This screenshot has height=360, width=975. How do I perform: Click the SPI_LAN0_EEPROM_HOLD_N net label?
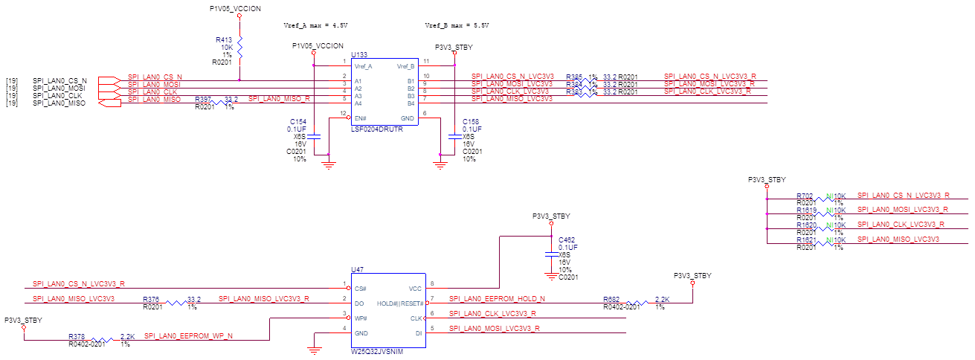tap(498, 299)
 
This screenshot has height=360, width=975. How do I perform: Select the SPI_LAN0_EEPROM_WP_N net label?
tap(188, 336)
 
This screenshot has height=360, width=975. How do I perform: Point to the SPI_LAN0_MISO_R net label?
tap(279, 99)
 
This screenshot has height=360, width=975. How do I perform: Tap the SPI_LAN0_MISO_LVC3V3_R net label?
tap(264, 299)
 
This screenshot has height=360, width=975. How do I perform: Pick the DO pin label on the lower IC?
tap(359, 303)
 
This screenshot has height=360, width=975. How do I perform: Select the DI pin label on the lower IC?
tap(418, 332)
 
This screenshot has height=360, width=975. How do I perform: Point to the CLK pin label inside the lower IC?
tap(416, 318)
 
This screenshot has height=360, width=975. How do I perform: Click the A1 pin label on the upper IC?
tap(358, 81)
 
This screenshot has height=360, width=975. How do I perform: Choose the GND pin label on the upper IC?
tap(408, 118)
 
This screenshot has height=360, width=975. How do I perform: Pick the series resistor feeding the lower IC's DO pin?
tap(178, 303)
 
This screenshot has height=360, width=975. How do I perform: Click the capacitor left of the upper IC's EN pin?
tap(315, 138)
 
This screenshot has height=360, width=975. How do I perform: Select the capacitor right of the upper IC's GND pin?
tap(454, 138)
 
